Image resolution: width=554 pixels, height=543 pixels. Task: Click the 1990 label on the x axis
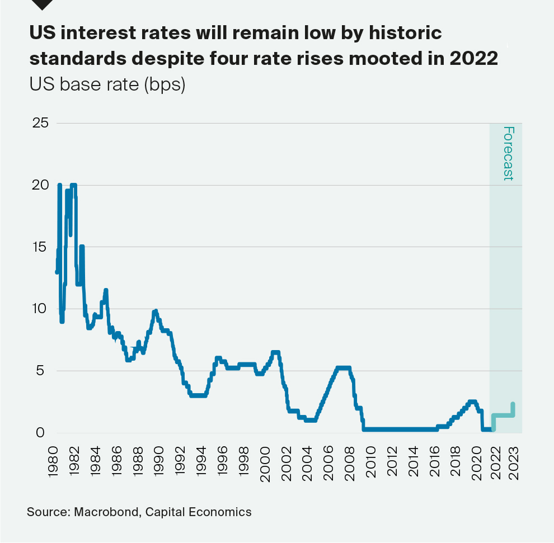(158, 461)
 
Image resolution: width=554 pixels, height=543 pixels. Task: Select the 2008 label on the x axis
(350, 461)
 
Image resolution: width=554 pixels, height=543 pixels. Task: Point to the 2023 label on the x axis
(514, 461)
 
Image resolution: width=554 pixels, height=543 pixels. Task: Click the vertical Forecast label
(508, 153)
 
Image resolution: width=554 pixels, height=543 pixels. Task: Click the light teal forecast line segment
(504, 415)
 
